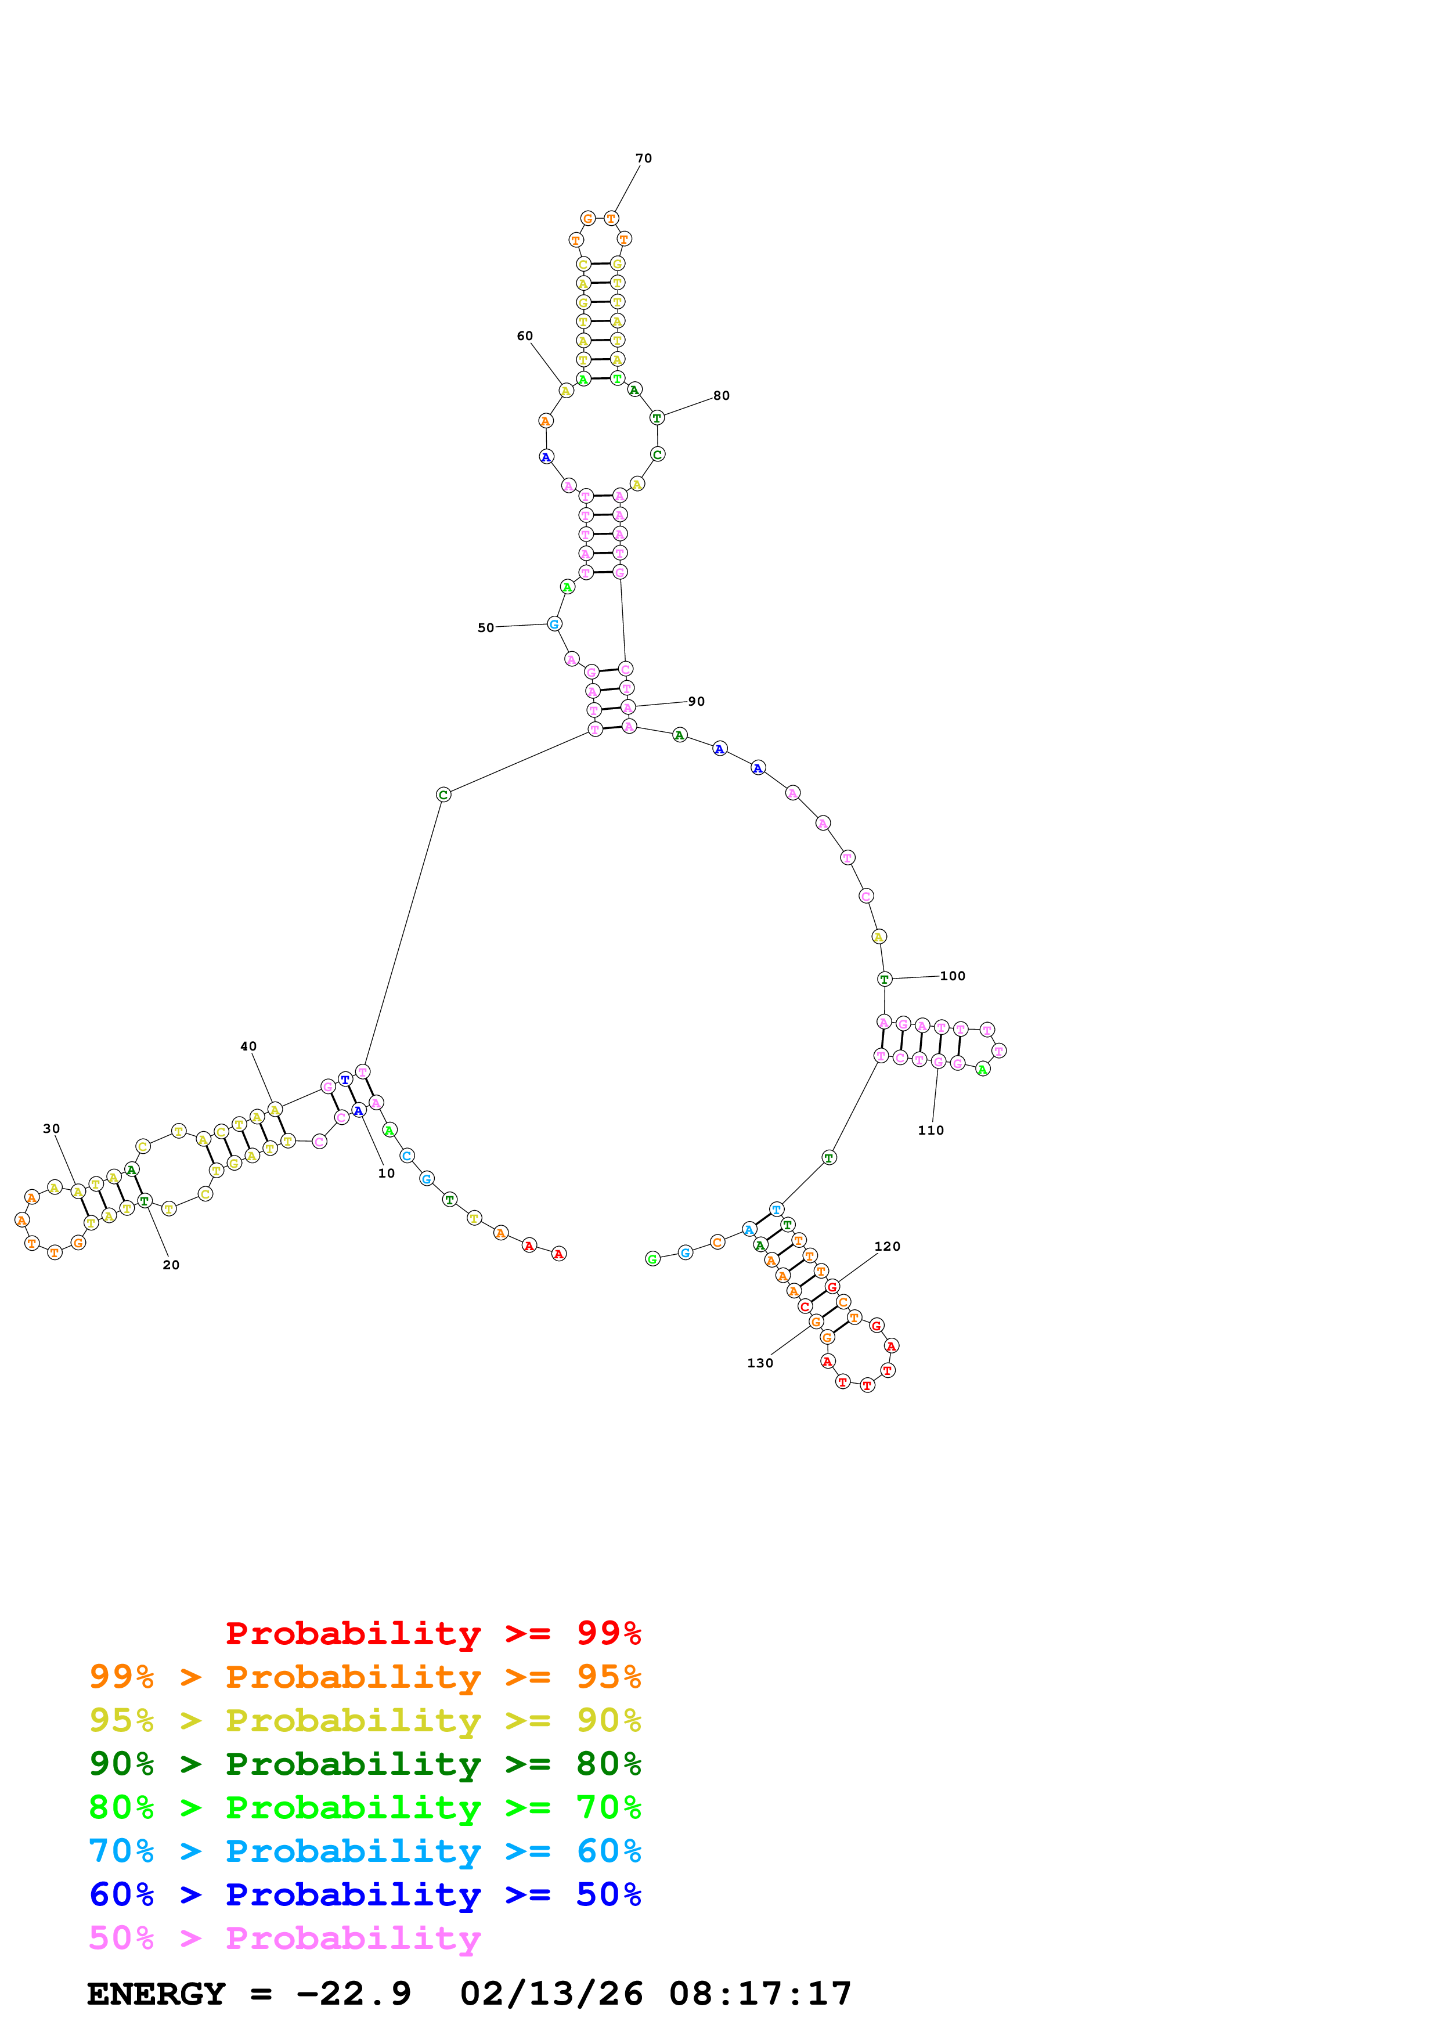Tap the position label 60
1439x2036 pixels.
coord(525,336)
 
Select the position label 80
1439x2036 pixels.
coord(722,395)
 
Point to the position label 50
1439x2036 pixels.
coord(486,628)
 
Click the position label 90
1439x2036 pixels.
coord(697,702)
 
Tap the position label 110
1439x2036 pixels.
coord(931,1131)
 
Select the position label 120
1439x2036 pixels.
coord(888,1247)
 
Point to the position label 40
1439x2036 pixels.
coord(248,1046)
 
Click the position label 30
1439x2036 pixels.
coord(52,1129)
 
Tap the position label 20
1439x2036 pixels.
coord(171,1265)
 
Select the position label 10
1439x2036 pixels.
coord(387,1173)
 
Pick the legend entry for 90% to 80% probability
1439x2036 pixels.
coord(365,1764)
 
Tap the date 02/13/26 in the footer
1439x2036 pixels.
coord(551,1994)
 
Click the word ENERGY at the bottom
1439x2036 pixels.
coord(156,1994)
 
